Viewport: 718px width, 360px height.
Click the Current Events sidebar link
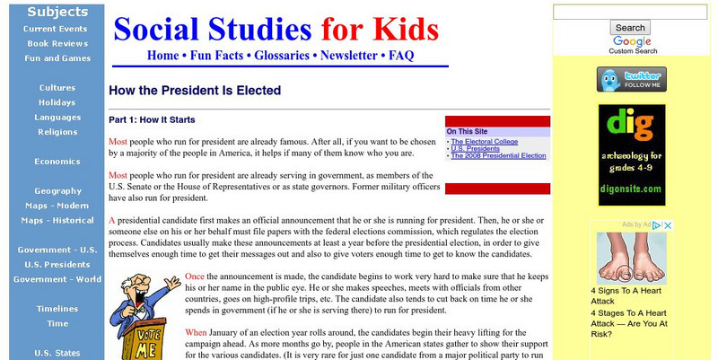[50, 29]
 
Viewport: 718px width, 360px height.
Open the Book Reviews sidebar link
[50, 42]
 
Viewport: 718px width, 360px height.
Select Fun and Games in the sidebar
[50, 57]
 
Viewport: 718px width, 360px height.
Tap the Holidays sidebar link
[50, 102]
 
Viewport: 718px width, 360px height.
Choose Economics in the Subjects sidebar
[50, 162]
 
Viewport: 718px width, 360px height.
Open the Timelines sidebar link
[50, 308]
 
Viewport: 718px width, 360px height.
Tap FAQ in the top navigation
[400, 55]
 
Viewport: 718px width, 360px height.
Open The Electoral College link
[484, 141]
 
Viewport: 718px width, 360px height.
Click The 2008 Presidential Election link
[498, 155]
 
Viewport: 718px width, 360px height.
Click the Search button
[631, 28]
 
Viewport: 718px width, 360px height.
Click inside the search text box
[630, 12]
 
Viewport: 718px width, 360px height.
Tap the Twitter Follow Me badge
[631, 79]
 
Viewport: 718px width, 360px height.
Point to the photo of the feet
[631, 258]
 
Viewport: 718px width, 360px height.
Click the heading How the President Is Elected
[195, 91]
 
